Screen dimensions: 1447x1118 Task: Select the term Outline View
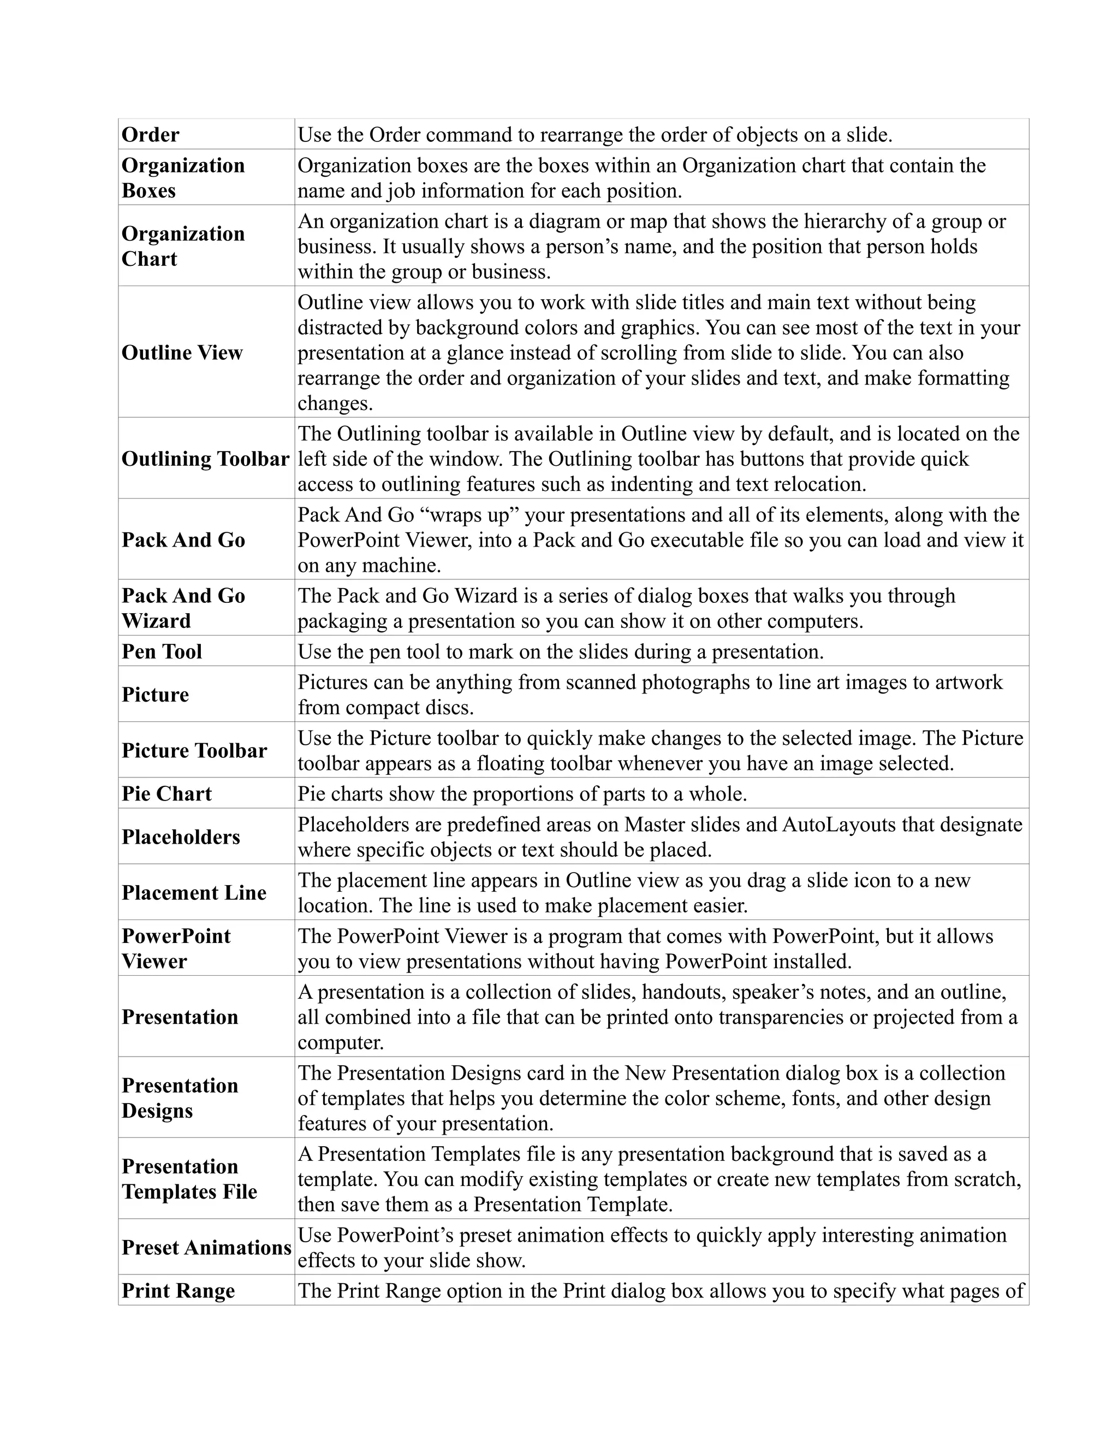coord(182,353)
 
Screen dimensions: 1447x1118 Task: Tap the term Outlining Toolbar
coord(205,459)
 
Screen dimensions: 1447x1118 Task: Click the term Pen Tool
coord(162,651)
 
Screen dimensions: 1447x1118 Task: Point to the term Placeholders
coord(181,837)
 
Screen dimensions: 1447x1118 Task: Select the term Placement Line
coord(194,892)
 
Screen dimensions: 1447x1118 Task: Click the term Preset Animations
coord(206,1248)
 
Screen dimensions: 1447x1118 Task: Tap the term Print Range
coord(178,1291)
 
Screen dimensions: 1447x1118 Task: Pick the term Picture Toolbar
coord(194,750)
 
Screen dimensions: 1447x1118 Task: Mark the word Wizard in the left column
coord(156,621)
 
